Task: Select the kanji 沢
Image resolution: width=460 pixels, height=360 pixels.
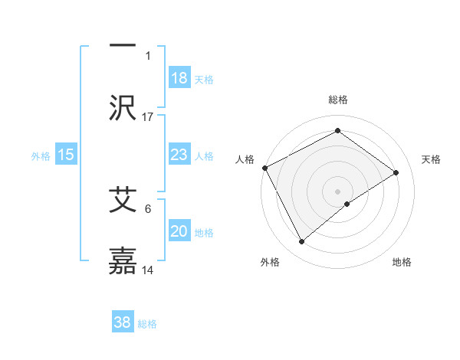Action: point(123,108)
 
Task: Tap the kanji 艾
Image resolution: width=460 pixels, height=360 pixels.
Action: point(123,200)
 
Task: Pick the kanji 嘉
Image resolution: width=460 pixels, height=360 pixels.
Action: point(123,261)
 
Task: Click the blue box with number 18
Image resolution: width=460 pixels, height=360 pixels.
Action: point(179,78)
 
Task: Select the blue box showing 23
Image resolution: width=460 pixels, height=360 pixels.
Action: point(179,155)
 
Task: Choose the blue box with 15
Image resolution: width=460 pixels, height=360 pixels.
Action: point(66,155)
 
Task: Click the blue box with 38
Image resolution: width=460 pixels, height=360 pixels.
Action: point(123,322)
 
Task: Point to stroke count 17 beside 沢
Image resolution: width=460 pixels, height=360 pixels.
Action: point(148,116)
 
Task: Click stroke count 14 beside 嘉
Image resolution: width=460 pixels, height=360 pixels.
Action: point(148,270)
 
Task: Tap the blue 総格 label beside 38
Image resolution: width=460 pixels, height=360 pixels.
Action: point(147,324)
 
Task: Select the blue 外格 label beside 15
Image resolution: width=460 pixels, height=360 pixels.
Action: point(41,155)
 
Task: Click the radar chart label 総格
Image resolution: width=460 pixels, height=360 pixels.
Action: point(337,100)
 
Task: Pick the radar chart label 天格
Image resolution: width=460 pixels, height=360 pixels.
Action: point(432,159)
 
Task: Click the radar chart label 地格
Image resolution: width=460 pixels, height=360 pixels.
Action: point(402,262)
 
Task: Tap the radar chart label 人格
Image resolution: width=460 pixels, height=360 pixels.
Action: point(245,159)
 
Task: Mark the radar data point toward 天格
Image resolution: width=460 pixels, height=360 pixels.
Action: point(396,172)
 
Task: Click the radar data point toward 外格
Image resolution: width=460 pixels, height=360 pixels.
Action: point(301,242)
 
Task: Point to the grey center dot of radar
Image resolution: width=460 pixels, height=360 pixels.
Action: point(337,191)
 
